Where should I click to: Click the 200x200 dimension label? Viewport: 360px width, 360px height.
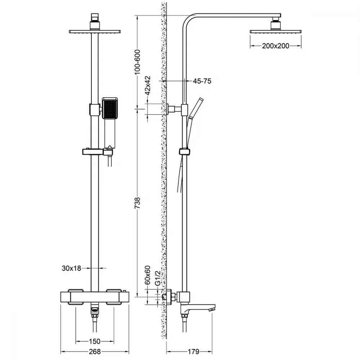275,46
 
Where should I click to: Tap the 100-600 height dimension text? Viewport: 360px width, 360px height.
137,62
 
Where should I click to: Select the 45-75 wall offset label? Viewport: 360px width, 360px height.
202,81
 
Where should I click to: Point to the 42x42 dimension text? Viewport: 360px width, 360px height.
148,85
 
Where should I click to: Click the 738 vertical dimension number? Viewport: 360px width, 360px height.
137,203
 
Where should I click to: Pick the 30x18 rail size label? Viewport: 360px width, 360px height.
71,268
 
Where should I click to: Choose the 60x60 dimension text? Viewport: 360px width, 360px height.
148,275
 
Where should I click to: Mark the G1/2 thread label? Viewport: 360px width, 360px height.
158,278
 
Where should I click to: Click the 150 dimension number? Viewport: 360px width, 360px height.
95,341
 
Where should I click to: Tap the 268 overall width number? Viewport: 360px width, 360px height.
95,351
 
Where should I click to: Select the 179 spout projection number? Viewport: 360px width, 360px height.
194,351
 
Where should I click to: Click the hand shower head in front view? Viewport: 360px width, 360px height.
110,108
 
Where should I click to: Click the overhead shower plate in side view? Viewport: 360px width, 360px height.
275,32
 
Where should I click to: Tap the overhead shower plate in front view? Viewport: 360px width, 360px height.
95,32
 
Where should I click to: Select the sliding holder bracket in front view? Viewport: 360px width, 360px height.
97,152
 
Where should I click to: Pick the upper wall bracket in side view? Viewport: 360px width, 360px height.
177,109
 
